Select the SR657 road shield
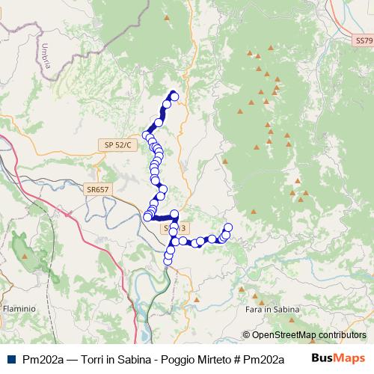98,190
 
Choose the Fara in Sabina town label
272,308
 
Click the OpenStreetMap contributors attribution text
309,334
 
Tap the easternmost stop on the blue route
228,227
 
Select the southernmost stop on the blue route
168,261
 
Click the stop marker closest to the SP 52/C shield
147,135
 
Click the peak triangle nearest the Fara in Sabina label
242,286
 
